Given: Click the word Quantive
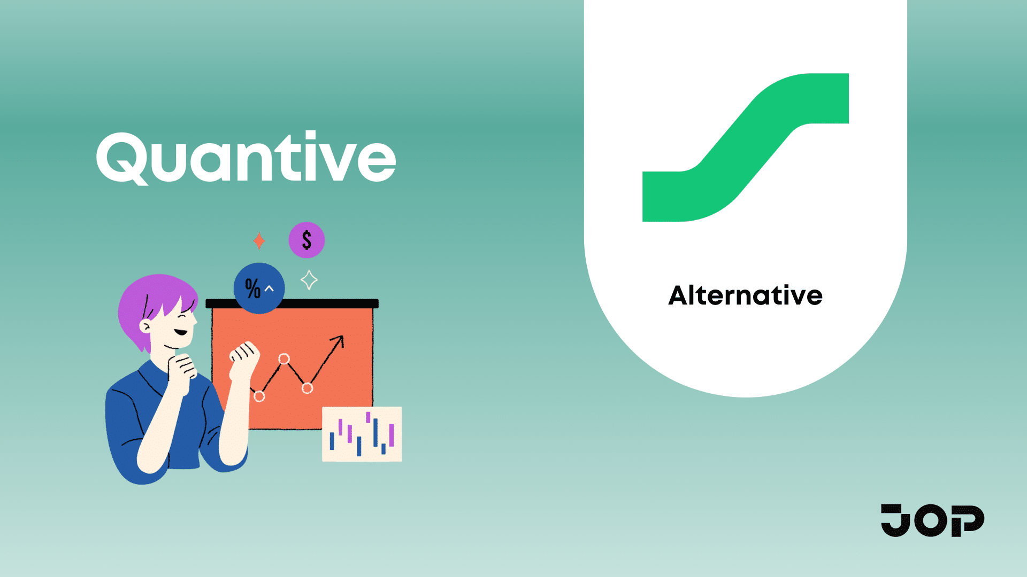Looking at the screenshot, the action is coord(246,158).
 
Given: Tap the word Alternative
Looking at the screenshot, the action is coord(745,295).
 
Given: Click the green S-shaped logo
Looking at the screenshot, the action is coord(745,147).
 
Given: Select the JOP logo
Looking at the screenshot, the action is coord(932,520).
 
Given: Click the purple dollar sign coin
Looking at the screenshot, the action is coord(306,240).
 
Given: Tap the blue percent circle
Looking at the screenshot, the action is coord(259,288).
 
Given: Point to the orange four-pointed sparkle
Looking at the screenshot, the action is coord(259,241).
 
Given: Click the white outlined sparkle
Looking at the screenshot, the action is coord(309,280).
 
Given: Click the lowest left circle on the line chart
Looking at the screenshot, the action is coord(259,396).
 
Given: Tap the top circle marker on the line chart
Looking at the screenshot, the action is coord(284,359).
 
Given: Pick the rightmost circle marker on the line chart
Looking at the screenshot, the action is coord(307,388).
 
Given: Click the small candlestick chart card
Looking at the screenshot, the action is coord(362,434).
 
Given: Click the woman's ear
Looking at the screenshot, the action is coord(145,326).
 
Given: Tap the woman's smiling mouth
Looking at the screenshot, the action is coord(181,332).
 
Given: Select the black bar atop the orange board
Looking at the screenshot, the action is coord(292,303).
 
